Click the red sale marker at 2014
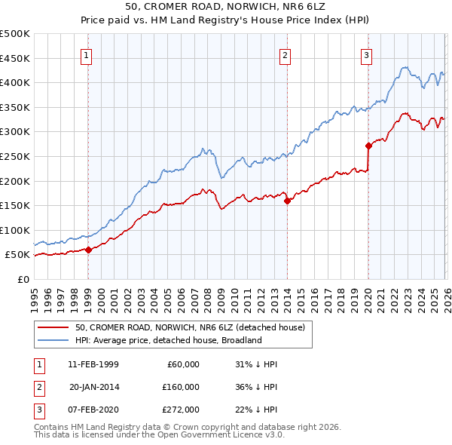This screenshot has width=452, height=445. click(x=287, y=201)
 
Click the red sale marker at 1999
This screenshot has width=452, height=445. click(x=88, y=250)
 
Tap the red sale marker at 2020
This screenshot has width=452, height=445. click(x=368, y=146)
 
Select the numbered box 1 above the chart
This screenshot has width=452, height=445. click(x=87, y=54)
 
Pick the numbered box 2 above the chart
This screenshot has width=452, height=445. click(x=286, y=54)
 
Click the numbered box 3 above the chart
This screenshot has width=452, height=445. click(x=366, y=54)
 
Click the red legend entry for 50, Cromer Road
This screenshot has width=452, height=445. click(x=189, y=327)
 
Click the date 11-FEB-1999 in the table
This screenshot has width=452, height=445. click(x=93, y=364)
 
